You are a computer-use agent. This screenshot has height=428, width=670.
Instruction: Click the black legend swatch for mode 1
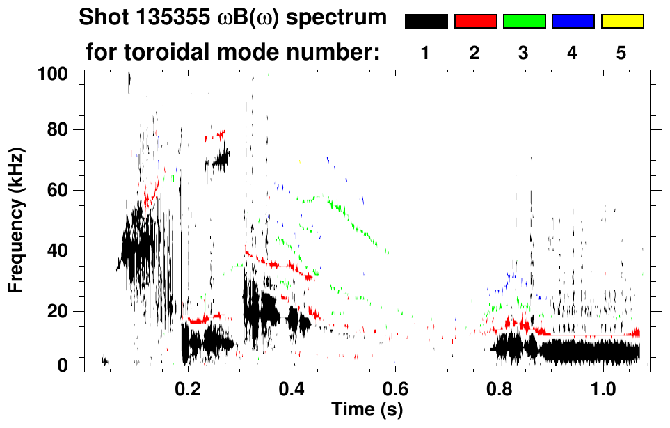point(426,22)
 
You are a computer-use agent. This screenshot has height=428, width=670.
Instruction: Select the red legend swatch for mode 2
point(475,22)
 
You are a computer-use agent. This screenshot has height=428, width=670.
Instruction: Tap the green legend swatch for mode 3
point(524,22)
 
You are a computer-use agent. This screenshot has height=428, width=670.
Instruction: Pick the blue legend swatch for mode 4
point(573,22)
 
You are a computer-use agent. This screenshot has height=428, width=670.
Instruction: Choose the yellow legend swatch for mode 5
point(621,22)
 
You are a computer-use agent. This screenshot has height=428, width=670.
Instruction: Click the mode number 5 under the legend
point(621,53)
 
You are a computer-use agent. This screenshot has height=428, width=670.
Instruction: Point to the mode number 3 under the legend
point(523,53)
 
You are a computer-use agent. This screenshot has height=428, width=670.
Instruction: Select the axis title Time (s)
point(367,410)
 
